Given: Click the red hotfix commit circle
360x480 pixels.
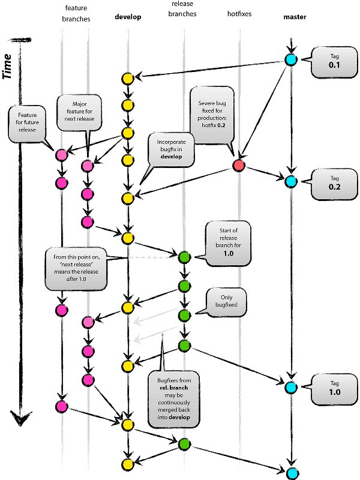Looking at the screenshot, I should [238, 166].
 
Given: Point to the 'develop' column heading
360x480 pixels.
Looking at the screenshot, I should [128, 17].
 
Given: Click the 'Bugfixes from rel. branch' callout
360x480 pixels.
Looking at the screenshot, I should [176, 398].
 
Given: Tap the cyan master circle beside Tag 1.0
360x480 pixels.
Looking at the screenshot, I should [291, 387].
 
